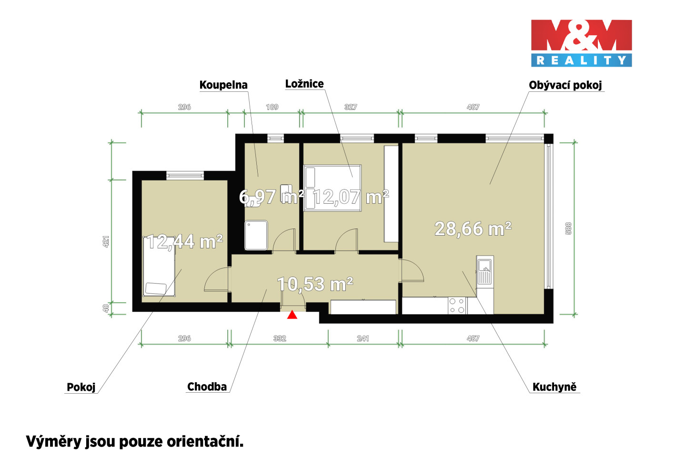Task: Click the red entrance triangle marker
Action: coord(292,315)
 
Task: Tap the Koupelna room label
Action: coord(223,85)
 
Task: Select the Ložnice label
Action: coord(304,84)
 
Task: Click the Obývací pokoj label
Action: coord(565,85)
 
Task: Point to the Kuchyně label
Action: coord(555,387)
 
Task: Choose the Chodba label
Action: coord(207,387)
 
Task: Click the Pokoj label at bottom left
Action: coord(81,387)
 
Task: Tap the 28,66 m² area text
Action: coord(473,229)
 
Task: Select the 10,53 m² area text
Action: coord(315,284)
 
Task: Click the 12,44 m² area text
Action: coord(185,241)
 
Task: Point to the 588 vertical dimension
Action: coord(568,228)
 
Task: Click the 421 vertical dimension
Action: coord(106,241)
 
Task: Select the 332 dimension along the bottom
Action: coord(280,338)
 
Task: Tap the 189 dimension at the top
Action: coord(272,107)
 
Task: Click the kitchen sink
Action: coord(485,272)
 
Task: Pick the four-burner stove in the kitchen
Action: coord(457,306)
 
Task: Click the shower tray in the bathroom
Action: coord(256,235)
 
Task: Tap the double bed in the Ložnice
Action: coord(333,188)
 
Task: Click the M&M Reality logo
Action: coord(581,43)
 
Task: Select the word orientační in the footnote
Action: coord(204,441)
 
